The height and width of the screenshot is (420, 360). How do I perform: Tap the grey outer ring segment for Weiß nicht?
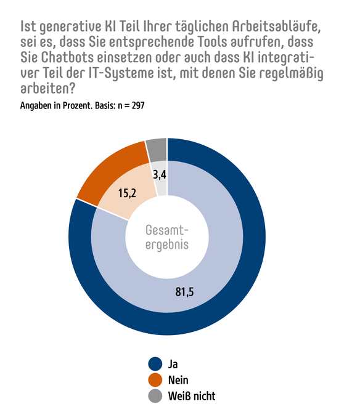tap(157, 148)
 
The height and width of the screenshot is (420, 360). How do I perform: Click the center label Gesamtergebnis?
tap(166, 237)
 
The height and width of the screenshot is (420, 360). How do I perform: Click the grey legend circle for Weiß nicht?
tap(155, 396)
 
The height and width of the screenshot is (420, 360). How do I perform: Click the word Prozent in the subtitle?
tap(67, 105)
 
